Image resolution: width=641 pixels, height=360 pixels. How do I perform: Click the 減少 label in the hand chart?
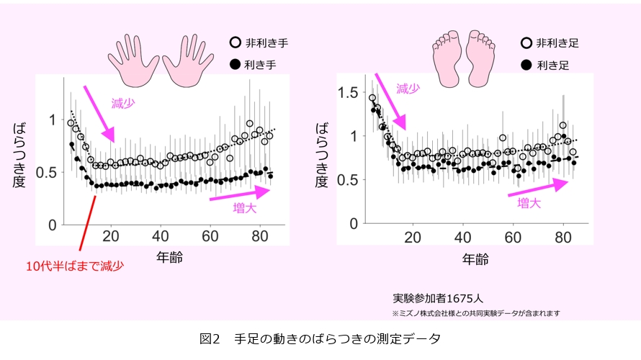coord(123,104)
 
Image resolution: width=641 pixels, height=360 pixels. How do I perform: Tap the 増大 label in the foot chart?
coord(529,204)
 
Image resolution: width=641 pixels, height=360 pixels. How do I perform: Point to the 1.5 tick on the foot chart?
coord(348,91)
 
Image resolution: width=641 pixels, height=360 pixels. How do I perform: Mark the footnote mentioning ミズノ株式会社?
coord(476,313)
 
